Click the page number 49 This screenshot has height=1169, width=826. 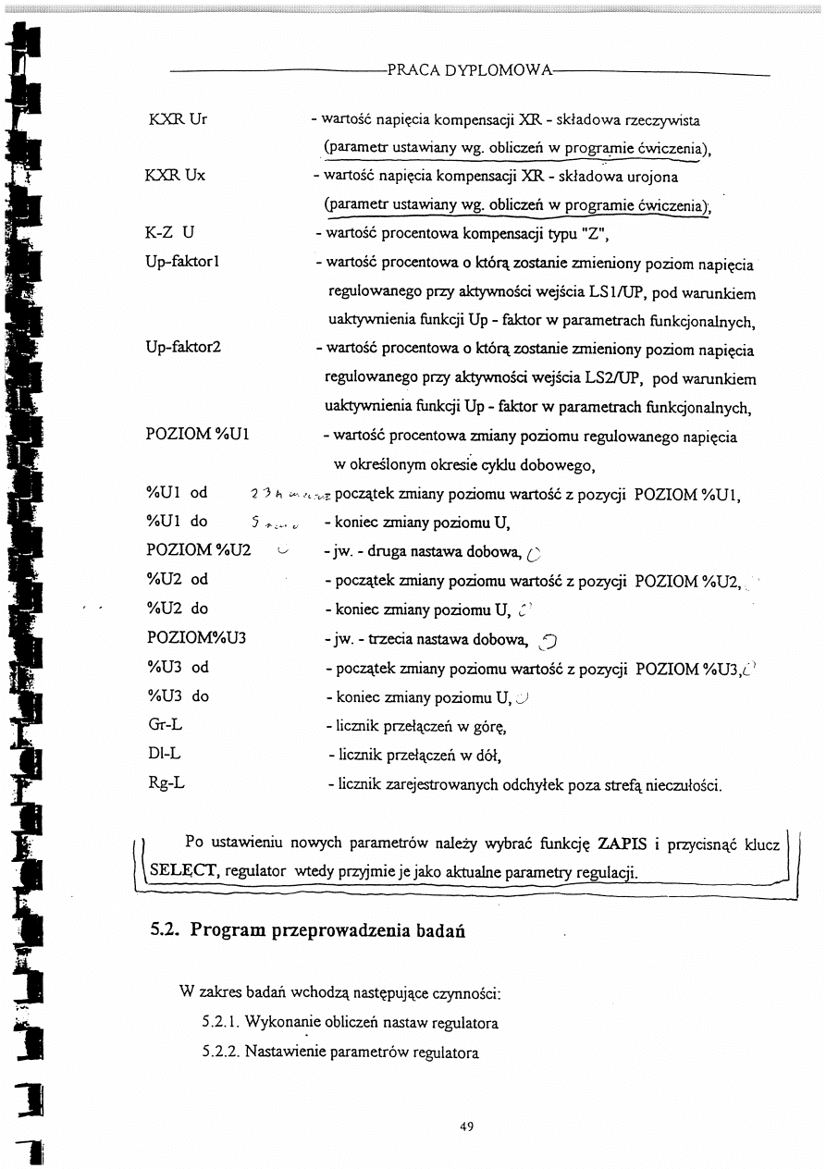click(x=466, y=1126)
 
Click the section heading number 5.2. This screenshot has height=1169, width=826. click(x=164, y=930)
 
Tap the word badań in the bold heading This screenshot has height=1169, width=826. click(x=432, y=930)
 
